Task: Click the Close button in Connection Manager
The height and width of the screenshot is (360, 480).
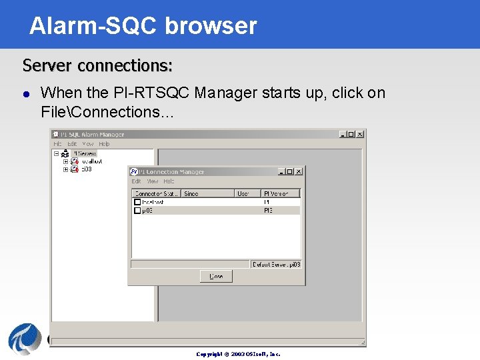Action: pos(216,276)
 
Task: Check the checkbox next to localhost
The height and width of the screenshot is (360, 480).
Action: pos(137,202)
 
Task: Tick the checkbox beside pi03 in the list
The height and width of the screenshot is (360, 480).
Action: pos(137,210)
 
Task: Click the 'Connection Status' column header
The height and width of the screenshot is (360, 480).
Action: pos(156,193)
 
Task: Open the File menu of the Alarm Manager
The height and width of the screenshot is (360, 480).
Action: pos(57,144)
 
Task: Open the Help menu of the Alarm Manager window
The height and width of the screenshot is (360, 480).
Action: pos(104,144)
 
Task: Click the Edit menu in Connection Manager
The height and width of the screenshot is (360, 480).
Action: pos(136,181)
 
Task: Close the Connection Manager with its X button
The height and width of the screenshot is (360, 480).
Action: pos(299,171)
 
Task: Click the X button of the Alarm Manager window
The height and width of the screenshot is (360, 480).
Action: pos(360,134)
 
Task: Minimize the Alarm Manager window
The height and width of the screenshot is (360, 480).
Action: pos(343,134)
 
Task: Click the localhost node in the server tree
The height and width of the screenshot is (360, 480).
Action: pos(91,161)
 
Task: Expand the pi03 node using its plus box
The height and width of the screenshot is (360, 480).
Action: pos(66,169)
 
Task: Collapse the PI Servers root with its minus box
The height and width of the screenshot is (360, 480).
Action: pos(57,153)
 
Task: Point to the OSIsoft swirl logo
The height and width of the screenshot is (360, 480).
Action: pos(25,339)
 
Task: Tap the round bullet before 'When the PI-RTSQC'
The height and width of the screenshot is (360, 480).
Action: pos(26,94)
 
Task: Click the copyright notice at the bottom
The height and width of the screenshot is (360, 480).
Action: pos(238,354)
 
